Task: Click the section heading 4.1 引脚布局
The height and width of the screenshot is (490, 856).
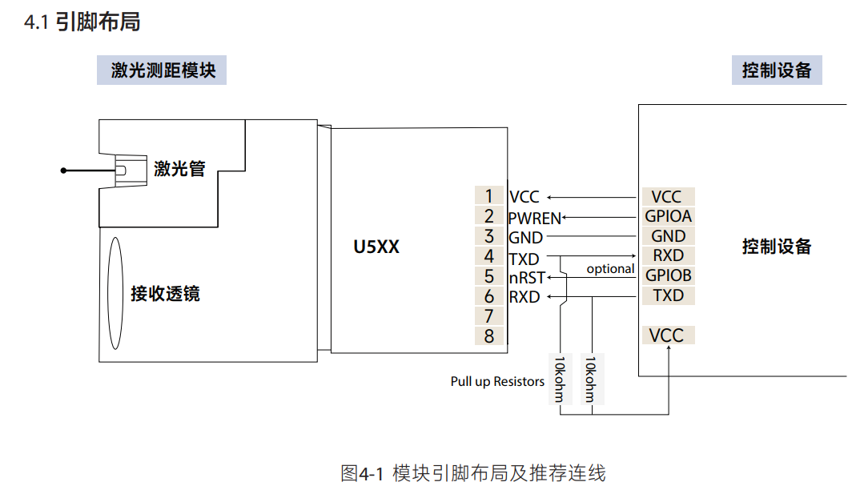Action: (x=82, y=22)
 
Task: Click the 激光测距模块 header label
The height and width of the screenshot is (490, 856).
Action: (x=163, y=70)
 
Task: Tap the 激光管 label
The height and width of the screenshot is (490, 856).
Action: (x=179, y=169)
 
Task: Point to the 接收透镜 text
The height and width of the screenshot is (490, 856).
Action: (x=165, y=294)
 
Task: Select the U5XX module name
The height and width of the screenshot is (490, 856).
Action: (x=376, y=247)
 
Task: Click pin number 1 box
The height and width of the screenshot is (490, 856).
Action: (x=488, y=196)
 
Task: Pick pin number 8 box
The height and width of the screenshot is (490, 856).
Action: (x=488, y=336)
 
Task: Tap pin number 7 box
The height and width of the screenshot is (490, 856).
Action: (x=488, y=316)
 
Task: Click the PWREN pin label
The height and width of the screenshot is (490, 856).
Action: (x=534, y=218)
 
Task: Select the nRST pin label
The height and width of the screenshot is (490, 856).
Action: (x=527, y=278)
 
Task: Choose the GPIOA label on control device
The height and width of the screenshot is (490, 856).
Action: (x=668, y=216)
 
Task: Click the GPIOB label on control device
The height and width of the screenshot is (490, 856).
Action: (x=668, y=275)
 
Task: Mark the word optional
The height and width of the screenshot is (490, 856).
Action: (x=610, y=269)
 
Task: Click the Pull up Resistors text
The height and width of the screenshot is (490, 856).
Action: (x=497, y=382)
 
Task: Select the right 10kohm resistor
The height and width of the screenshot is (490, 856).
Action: (x=591, y=379)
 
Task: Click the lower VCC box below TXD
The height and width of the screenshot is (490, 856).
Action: (x=667, y=335)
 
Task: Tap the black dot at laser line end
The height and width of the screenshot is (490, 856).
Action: (x=64, y=171)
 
